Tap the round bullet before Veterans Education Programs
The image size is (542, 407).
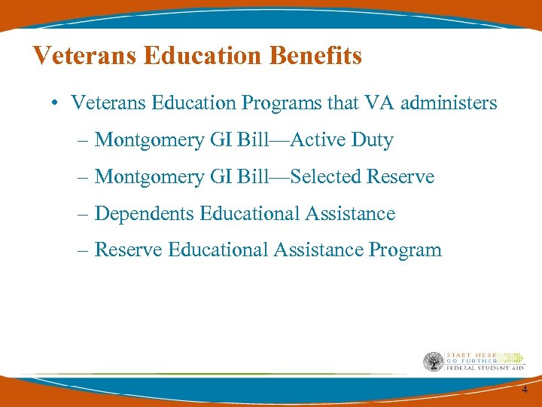[56, 103]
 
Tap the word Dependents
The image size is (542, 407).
[145, 213]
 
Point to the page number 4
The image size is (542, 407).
[525, 390]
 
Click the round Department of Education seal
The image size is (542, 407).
[433, 362]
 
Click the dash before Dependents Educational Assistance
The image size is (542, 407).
[82, 213]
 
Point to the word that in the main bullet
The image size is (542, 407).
[343, 103]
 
